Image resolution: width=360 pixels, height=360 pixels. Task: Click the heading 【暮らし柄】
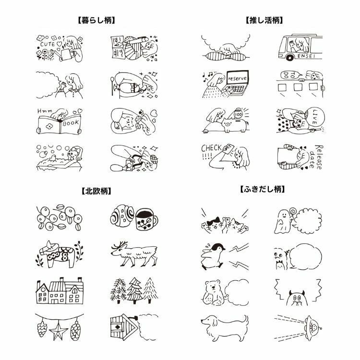(x=96, y=21)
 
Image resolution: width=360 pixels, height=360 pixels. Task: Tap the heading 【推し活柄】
(x=264, y=21)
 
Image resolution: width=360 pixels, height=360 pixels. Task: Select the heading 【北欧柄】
(x=96, y=191)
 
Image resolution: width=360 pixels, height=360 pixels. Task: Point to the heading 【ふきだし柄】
(x=263, y=190)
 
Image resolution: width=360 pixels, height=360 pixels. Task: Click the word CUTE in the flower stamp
(x=48, y=44)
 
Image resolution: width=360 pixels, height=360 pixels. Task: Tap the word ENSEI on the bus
(x=306, y=56)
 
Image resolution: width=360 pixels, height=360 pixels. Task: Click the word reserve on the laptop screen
(x=238, y=79)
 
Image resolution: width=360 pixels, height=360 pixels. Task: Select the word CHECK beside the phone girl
(x=212, y=148)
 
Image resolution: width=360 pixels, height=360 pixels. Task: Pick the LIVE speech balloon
(x=316, y=117)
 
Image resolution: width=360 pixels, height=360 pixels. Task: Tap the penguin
(x=212, y=256)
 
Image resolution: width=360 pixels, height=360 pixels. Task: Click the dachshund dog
(x=225, y=327)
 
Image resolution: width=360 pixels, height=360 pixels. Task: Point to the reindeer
(x=134, y=253)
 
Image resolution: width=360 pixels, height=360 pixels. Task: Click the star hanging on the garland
(x=59, y=331)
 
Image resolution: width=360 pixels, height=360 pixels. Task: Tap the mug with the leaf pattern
(x=146, y=219)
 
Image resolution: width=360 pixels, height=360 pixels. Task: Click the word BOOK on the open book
(x=71, y=123)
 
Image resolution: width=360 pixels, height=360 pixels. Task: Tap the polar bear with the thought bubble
(x=213, y=293)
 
